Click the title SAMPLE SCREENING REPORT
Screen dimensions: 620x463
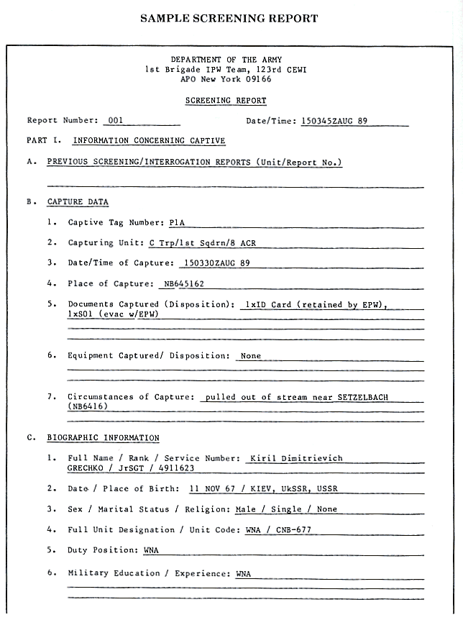(x=230, y=18)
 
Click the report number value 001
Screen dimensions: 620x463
(x=116, y=121)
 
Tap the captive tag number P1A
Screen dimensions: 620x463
(x=177, y=223)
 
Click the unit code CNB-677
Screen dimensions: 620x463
(x=291, y=530)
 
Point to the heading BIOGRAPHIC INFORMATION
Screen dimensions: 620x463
(x=103, y=437)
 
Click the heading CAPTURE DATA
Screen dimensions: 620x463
(x=78, y=202)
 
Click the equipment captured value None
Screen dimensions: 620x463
(x=251, y=355)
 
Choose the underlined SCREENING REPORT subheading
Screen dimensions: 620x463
(x=226, y=101)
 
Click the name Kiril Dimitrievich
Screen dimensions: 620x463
(x=295, y=457)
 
